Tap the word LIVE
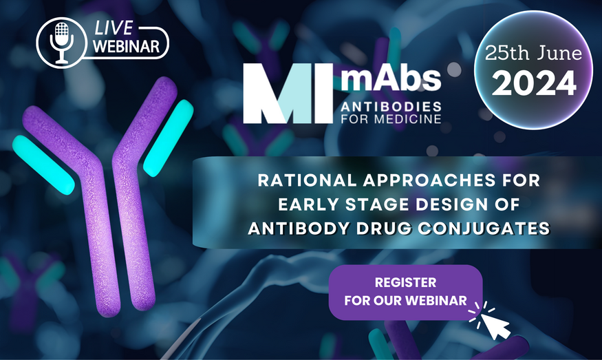114,28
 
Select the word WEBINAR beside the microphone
127,47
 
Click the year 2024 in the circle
534,83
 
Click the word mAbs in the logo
391,78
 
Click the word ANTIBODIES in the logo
391,107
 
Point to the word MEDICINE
408,118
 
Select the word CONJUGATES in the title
484,229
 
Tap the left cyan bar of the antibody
43,165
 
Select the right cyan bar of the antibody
168,138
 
